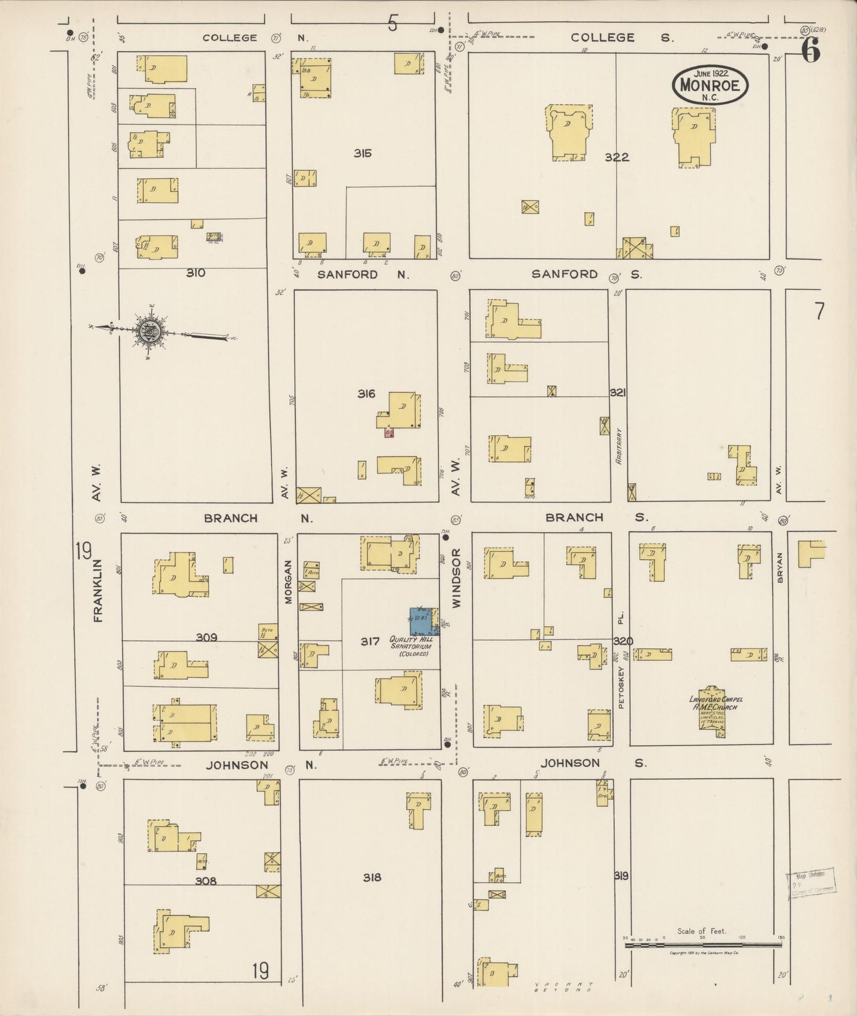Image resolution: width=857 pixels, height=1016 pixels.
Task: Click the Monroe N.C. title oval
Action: coord(710,85)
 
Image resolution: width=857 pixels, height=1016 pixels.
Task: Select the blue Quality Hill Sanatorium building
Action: coord(422,621)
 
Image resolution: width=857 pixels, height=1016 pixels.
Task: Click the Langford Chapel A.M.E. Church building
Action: coord(712,708)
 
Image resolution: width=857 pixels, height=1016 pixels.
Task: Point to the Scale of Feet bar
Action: coord(703,945)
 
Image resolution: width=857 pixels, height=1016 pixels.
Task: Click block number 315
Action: coord(362,153)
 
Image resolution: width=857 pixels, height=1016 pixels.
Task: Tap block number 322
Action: coord(617,157)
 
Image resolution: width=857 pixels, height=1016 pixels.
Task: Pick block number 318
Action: coord(372,877)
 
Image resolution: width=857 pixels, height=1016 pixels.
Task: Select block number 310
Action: coord(196,273)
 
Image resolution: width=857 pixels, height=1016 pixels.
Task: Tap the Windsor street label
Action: coord(456,577)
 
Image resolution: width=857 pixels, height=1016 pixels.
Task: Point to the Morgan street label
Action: coord(289,582)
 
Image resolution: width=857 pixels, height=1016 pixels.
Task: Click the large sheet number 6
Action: coord(811,51)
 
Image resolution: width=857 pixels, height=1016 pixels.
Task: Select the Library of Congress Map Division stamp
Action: coord(810,884)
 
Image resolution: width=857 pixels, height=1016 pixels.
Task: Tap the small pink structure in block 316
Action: coord(389,433)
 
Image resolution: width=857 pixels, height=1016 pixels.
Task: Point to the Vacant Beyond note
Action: coord(563,987)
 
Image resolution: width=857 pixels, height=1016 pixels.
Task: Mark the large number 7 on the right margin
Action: coord(819,311)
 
